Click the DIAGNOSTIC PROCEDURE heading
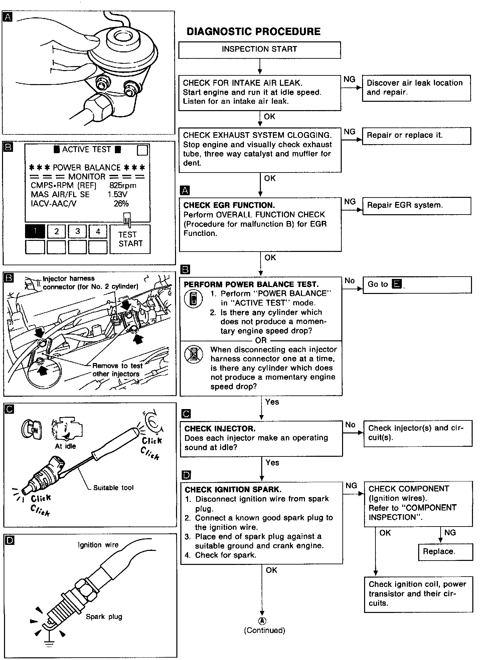click(x=253, y=32)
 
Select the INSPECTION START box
click(x=260, y=50)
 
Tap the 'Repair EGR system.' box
click(x=416, y=206)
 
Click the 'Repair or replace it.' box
click(x=416, y=135)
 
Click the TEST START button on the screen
click(x=130, y=239)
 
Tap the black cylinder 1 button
click(x=35, y=231)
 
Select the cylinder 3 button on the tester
click(x=77, y=231)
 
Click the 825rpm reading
click(x=123, y=186)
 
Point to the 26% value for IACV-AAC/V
click(x=121, y=204)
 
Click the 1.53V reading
click(x=117, y=195)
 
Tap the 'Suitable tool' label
click(x=113, y=488)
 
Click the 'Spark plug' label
click(x=104, y=617)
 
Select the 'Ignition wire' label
click(x=98, y=545)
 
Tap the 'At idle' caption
click(x=65, y=446)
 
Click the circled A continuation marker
click(x=262, y=621)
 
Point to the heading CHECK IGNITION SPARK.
click(x=233, y=489)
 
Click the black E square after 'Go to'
click(x=396, y=284)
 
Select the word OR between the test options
click(x=261, y=340)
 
